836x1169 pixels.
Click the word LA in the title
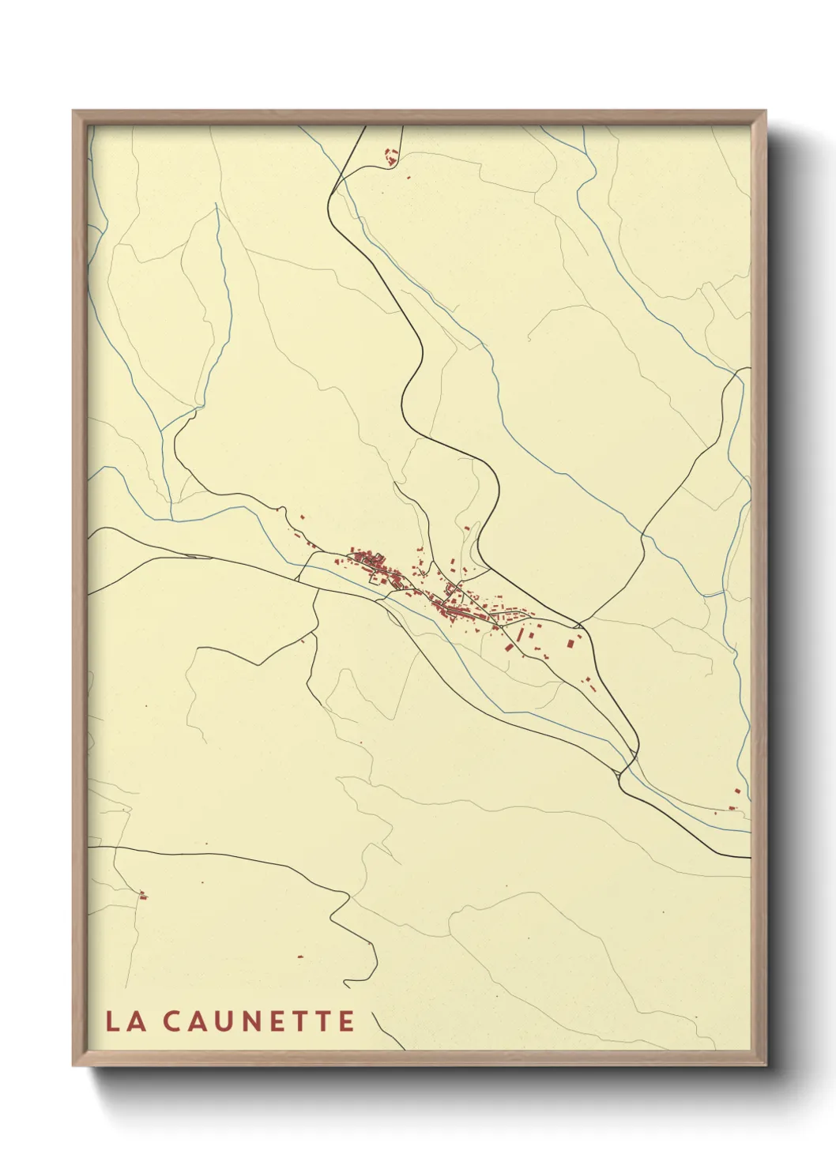[126, 1021]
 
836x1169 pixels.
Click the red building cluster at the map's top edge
[389, 156]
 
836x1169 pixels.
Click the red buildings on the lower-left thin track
[143, 895]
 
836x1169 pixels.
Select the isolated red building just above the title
[300, 957]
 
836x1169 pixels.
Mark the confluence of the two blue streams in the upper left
[163, 431]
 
